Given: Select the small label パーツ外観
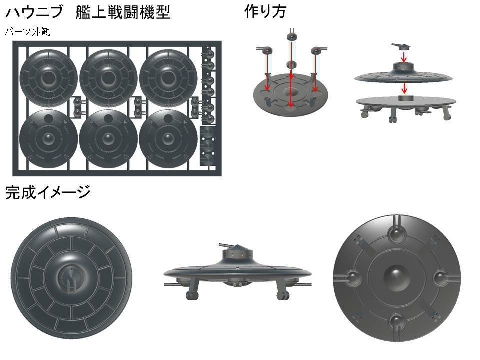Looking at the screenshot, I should pos(27,32).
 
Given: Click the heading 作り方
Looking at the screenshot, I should pos(265,11).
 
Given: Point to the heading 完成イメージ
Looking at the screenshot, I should pos(48,192).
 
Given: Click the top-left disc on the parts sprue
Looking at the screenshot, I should pos(48,77).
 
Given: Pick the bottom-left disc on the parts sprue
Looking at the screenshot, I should pos(48,138).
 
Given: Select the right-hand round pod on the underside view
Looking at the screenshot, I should pos(440,277).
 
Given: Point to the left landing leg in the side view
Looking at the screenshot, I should pos(191,292).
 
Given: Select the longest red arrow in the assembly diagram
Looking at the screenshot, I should pos(290,75).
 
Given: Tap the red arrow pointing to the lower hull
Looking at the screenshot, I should pos(404,89).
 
